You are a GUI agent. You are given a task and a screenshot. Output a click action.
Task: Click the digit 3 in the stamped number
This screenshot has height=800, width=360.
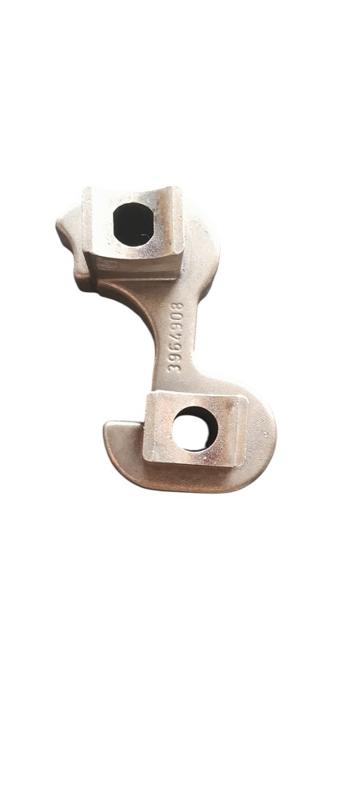[174, 366]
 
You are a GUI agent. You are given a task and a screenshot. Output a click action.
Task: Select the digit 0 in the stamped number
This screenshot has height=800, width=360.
[177, 318]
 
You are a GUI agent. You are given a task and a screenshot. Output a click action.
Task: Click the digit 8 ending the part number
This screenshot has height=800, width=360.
[177, 309]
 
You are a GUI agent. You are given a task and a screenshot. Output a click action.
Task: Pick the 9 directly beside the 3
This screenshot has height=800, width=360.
[174, 356]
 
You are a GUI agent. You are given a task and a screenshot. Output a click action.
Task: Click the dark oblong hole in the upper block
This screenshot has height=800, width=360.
[133, 224]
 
